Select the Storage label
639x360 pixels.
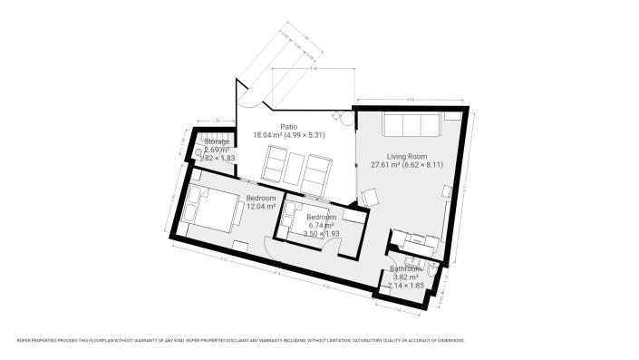coord(217,142)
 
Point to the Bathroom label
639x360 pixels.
coord(406,268)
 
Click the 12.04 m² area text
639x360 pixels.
coord(260,206)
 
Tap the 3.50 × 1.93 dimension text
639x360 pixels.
coord(321,234)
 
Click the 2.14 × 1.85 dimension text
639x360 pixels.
coord(406,286)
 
